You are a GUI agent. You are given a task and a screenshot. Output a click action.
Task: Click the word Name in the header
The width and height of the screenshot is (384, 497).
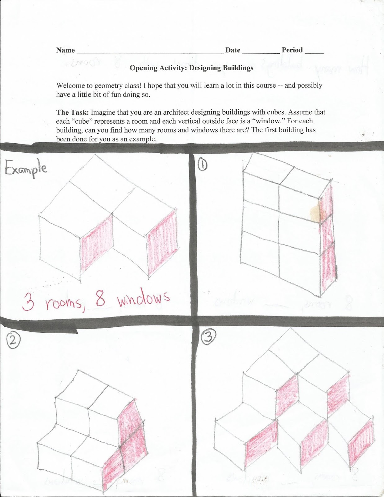point(65,50)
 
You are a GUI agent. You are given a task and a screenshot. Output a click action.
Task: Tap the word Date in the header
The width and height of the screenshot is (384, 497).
point(233,50)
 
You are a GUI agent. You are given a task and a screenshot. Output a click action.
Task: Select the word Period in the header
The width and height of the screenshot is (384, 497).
point(292,50)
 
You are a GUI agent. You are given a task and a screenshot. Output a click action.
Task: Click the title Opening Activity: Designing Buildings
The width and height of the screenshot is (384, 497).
point(191,68)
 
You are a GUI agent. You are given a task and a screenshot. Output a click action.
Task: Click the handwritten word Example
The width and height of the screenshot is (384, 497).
point(26,168)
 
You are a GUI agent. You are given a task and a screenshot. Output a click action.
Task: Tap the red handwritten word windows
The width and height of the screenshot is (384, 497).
point(143,300)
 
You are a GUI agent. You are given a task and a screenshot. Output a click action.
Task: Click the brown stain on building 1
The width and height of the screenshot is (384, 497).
point(315,212)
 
